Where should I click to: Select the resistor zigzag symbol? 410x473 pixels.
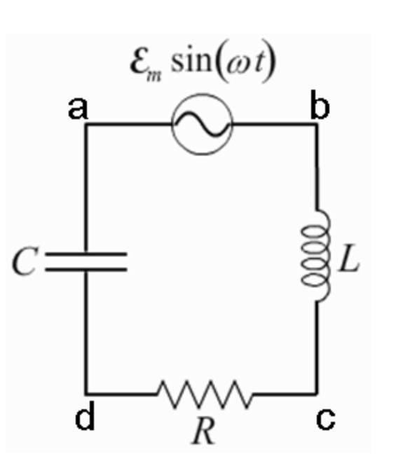(x=205, y=393)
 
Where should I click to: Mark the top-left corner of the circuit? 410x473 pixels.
(x=86, y=125)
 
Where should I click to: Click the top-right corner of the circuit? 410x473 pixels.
(x=317, y=125)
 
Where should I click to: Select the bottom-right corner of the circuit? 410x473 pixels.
(x=317, y=393)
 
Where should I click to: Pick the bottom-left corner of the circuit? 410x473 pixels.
(x=86, y=393)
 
